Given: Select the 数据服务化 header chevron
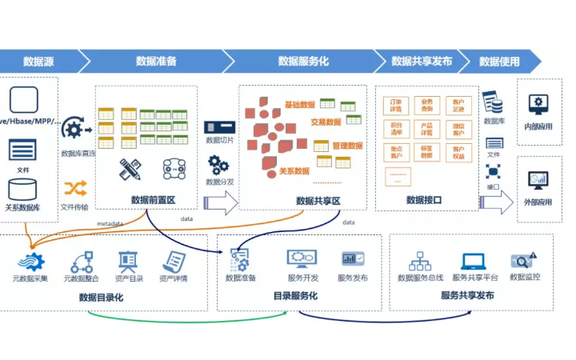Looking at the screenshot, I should pyautogui.click(x=303, y=61).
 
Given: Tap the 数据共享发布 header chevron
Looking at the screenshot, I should pyautogui.click(x=422, y=61).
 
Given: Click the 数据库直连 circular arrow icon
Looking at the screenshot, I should pyautogui.click(x=75, y=128).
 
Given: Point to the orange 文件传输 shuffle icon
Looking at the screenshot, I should pyautogui.click(x=75, y=188).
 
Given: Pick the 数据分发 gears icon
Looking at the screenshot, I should pyautogui.click(x=218, y=165).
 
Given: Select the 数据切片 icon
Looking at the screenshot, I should pyautogui.click(x=218, y=127).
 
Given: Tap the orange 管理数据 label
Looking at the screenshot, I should pyautogui.click(x=347, y=146).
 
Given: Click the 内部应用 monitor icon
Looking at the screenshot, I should pyautogui.click(x=538, y=104).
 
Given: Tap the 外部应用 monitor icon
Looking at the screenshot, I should pyautogui.click(x=538, y=180).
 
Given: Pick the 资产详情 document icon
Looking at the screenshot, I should pyautogui.click(x=174, y=261).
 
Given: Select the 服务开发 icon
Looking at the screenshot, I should pyautogui.click(x=302, y=258).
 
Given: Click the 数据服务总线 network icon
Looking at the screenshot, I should pyautogui.click(x=420, y=261).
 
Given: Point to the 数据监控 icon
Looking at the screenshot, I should pyautogui.click(x=524, y=260).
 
